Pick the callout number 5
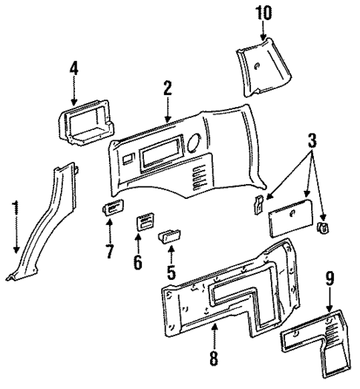pyautogui.click(x=171, y=272)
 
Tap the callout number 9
pyautogui.click(x=329, y=281)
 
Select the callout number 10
pyautogui.click(x=264, y=13)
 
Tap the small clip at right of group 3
pyautogui.click(x=323, y=227)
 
